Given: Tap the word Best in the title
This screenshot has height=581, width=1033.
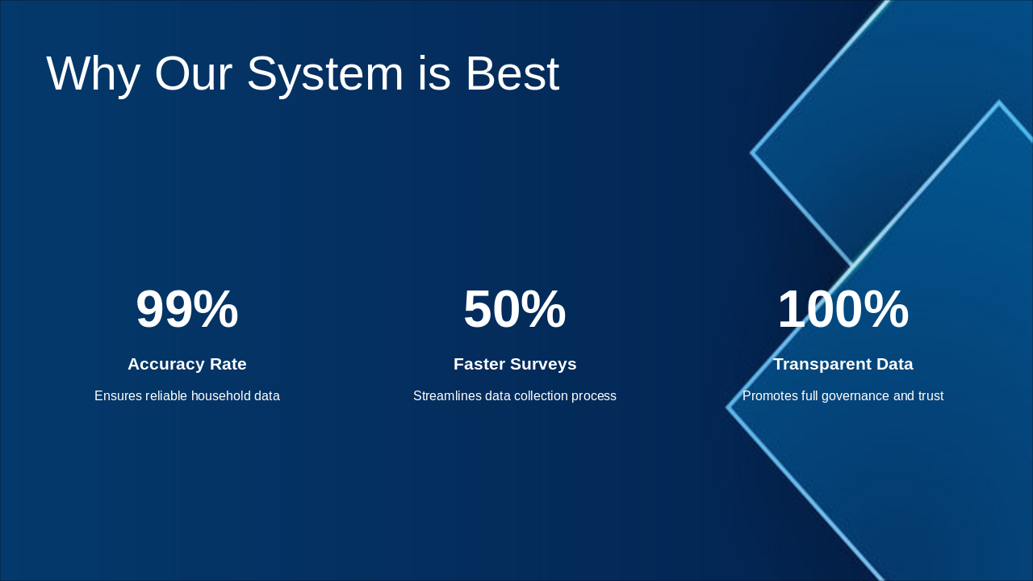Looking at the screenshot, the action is (x=512, y=73).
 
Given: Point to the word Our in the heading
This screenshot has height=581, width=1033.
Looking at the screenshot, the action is (x=193, y=73).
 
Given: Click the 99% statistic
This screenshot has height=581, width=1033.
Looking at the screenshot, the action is (x=187, y=309).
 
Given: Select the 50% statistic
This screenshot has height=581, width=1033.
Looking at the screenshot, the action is (x=515, y=309).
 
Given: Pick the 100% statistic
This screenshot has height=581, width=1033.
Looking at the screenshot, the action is (x=843, y=309).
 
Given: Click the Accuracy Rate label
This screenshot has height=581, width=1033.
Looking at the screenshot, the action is (x=187, y=364).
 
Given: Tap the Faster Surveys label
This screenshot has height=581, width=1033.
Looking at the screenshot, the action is (x=515, y=364).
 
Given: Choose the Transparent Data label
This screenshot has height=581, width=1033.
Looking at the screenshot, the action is (x=843, y=364).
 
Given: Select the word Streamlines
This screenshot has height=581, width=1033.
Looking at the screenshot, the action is (x=447, y=395).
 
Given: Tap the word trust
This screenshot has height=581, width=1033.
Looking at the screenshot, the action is (x=931, y=395).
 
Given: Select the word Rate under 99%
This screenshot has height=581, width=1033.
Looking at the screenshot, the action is (x=228, y=364).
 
